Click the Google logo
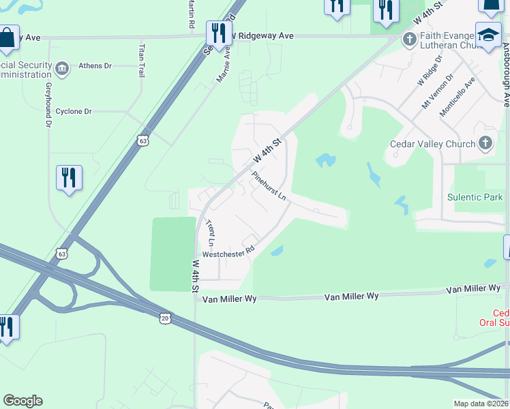pos(22,401)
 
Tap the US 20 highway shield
pos(165,318)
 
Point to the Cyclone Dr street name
pos(74,111)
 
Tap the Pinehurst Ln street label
pos(268,186)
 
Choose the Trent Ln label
pos(210,233)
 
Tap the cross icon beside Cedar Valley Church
pos(485,143)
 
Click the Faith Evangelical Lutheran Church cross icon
pos(410,39)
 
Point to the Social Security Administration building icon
pos(62,69)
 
